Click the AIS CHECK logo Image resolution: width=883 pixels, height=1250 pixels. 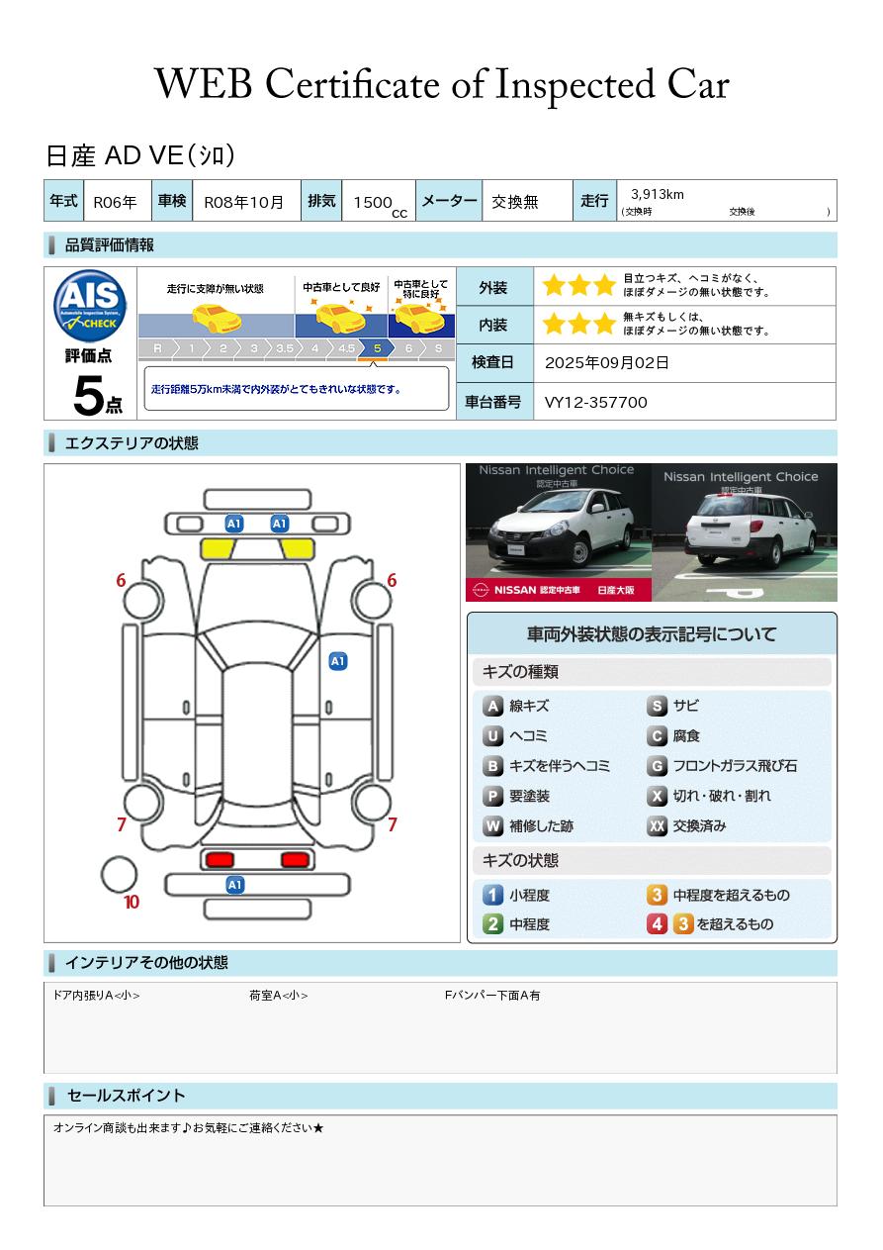90,306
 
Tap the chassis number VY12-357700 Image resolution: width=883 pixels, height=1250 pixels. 595,403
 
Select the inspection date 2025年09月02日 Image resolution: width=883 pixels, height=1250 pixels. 606,362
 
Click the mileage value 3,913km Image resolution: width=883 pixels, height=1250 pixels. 658,194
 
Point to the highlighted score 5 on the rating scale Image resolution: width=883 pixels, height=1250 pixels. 378,348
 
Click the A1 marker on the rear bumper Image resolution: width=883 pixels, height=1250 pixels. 234,885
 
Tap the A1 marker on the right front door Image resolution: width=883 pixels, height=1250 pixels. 338,661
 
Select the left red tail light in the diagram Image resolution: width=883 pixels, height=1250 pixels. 220,859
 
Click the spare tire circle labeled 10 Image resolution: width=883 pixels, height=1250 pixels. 119,875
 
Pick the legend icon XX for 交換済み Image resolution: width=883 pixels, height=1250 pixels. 657,825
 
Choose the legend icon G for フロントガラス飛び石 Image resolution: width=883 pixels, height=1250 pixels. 657,766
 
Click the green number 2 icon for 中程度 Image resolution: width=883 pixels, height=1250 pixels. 492,924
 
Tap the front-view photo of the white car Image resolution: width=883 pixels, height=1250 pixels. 559,532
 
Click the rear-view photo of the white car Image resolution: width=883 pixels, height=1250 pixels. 745,532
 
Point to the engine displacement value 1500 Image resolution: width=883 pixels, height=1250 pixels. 373,202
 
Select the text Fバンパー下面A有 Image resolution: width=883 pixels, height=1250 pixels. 492,995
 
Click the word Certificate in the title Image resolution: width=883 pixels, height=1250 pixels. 352,84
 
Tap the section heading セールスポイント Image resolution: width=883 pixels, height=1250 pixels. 126,1096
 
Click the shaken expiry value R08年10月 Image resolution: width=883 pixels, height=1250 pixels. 243,202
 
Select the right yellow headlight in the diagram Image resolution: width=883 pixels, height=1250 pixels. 297,549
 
